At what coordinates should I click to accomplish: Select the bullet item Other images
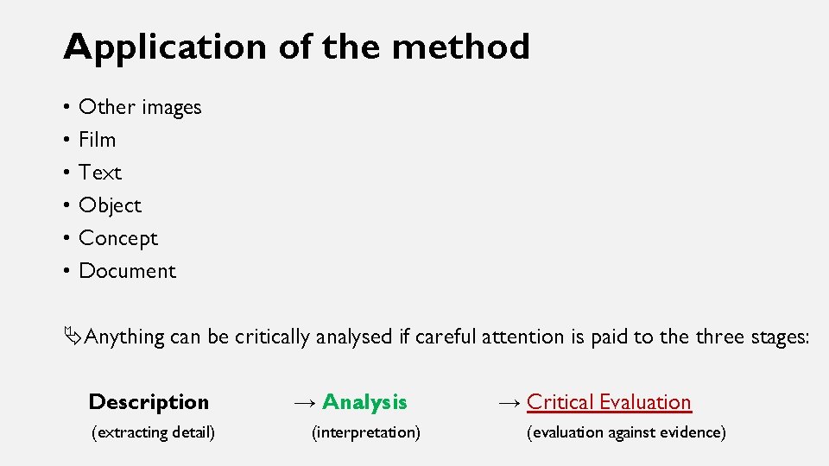[x=140, y=107]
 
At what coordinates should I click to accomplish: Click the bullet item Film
[x=97, y=140]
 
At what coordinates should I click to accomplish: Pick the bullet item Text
[x=100, y=173]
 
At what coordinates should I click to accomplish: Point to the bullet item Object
[x=110, y=205]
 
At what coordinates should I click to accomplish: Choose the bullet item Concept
[x=118, y=238]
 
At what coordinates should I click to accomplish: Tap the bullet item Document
[x=127, y=271]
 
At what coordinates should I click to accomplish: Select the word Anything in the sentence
[x=125, y=337]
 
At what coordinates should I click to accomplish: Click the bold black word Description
[x=149, y=402]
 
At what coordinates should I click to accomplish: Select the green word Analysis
[x=364, y=402]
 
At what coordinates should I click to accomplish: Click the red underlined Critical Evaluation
[x=609, y=402]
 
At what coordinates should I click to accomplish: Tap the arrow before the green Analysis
[x=304, y=403]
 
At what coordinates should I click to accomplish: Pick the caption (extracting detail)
[x=153, y=432]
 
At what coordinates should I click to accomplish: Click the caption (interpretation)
[x=366, y=432]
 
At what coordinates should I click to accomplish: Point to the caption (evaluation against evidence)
[x=626, y=432]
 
